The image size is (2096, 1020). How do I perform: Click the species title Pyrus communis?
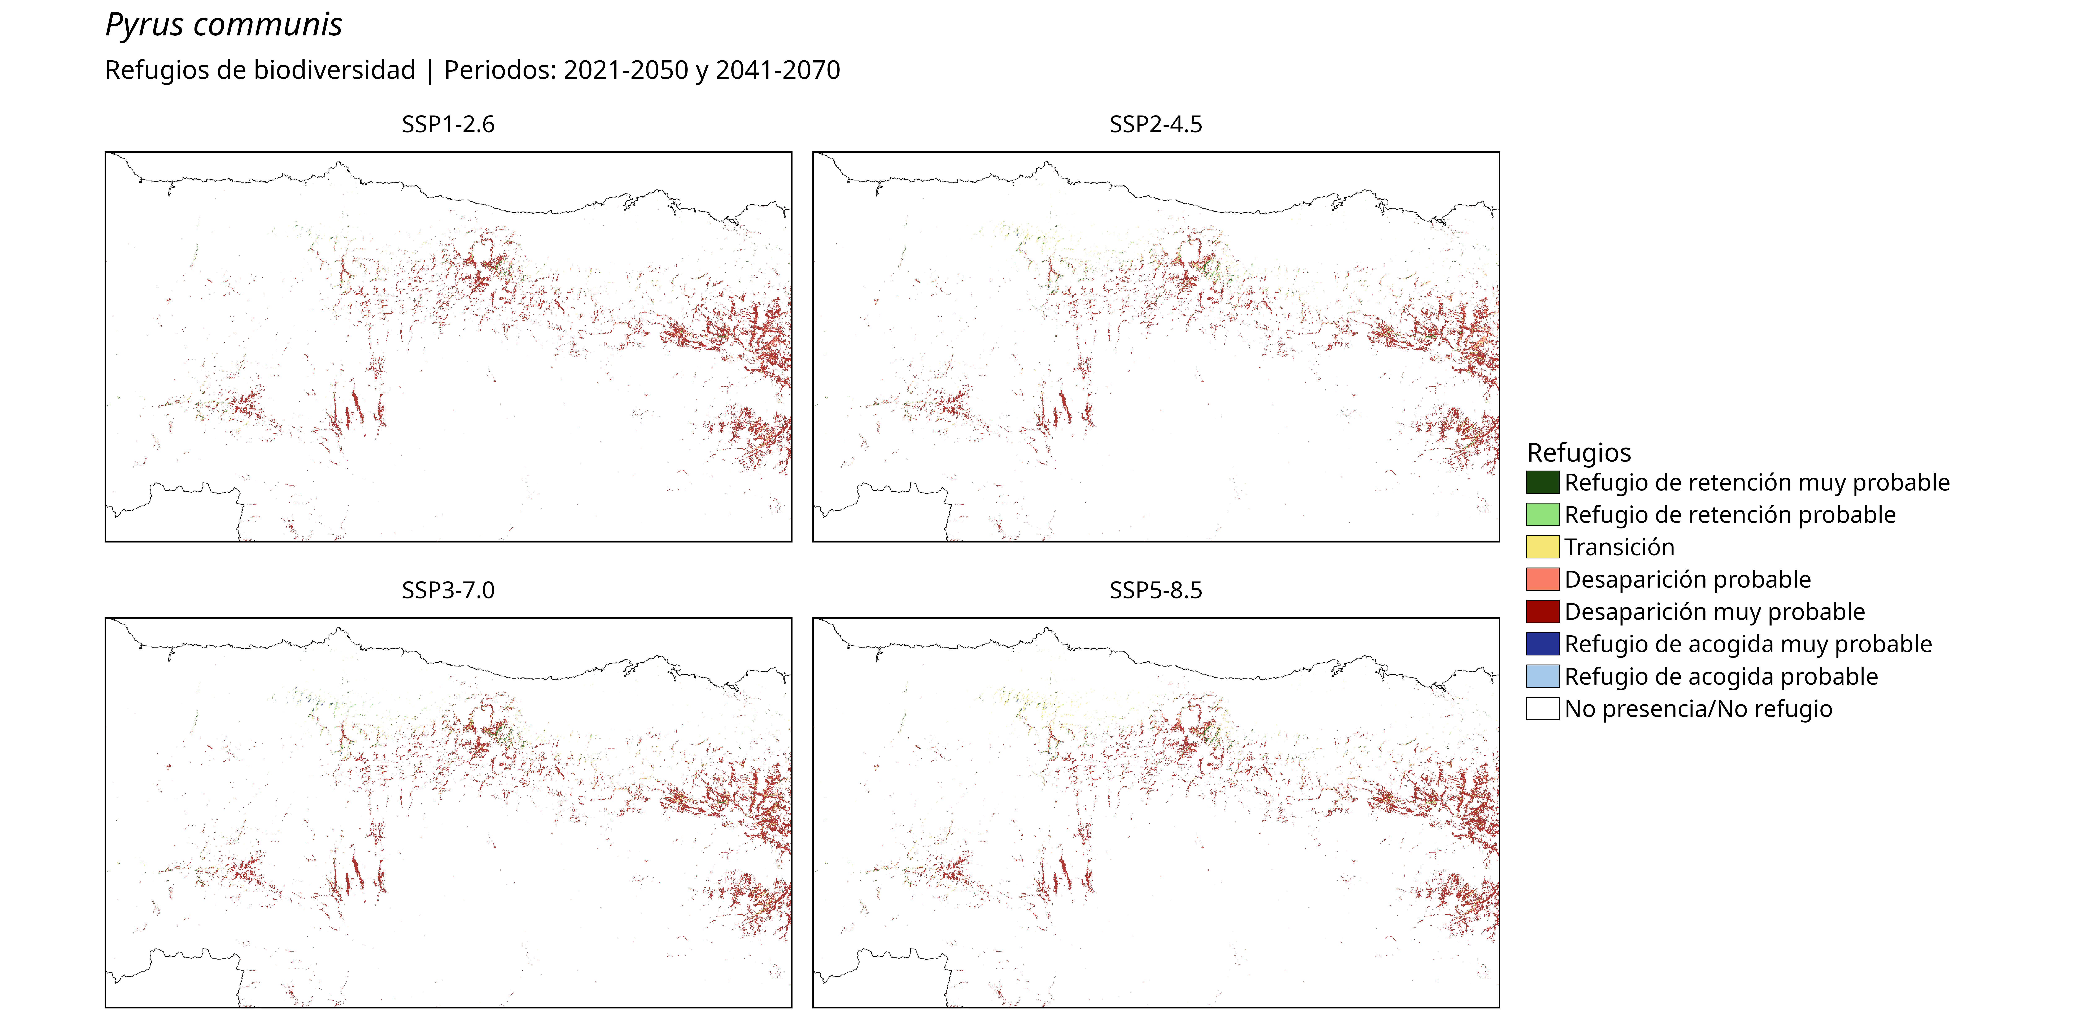[x=224, y=25]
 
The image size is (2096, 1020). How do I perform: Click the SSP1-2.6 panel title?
[x=448, y=125]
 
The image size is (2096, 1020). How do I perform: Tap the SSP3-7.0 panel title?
[x=448, y=590]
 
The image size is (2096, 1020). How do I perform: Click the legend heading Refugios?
[x=1578, y=453]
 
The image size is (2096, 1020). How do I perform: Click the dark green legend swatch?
[x=1543, y=483]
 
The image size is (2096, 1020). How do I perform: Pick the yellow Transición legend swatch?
[x=1543, y=547]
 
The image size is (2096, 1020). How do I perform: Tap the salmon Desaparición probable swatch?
[x=1543, y=580]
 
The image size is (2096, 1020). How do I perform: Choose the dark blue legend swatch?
[x=1543, y=644]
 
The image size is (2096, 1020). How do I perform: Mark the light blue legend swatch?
[x=1543, y=676]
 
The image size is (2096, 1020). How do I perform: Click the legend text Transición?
[x=1619, y=547]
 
